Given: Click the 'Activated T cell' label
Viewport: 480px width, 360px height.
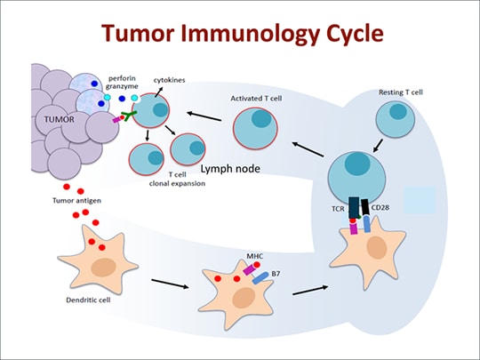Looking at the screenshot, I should click(257, 98).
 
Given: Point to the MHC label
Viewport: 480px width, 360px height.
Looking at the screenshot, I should click(253, 254).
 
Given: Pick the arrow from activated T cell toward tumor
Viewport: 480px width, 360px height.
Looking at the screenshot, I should click(203, 116).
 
